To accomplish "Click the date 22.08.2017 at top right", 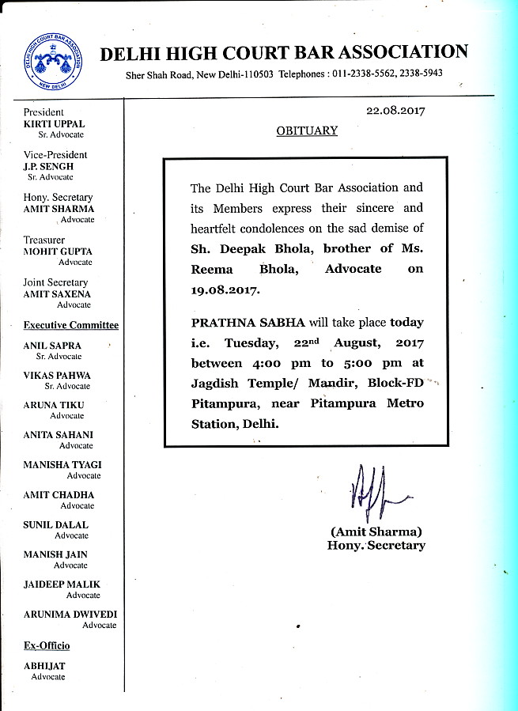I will point(395,111).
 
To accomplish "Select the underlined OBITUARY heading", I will point(307,130).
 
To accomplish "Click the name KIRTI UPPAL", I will point(54,124).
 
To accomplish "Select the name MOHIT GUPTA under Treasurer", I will point(58,251).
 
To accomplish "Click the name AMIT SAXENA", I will point(58,294).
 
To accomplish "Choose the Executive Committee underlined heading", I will point(71,325).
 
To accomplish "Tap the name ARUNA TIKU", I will point(54,405).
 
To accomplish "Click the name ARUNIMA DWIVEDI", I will point(70,615).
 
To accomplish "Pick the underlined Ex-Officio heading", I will point(47,646).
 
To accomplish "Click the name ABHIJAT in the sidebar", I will point(44,667).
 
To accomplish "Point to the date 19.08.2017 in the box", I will point(225,290).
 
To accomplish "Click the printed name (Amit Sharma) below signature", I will point(376,531).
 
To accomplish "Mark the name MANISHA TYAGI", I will point(62,465).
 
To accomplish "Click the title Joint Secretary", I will point(55,282).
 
